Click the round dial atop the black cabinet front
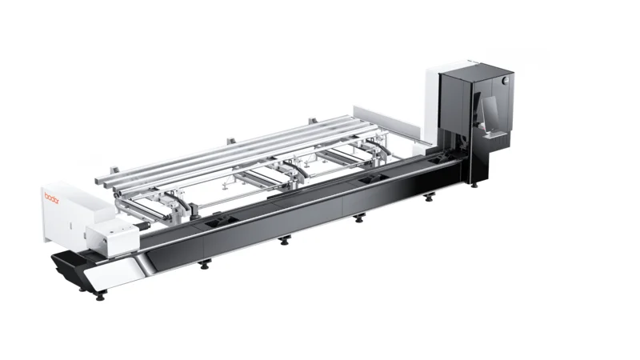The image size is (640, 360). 506,81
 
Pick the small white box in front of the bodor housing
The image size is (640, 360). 112,239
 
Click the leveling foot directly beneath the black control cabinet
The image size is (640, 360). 474,186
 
